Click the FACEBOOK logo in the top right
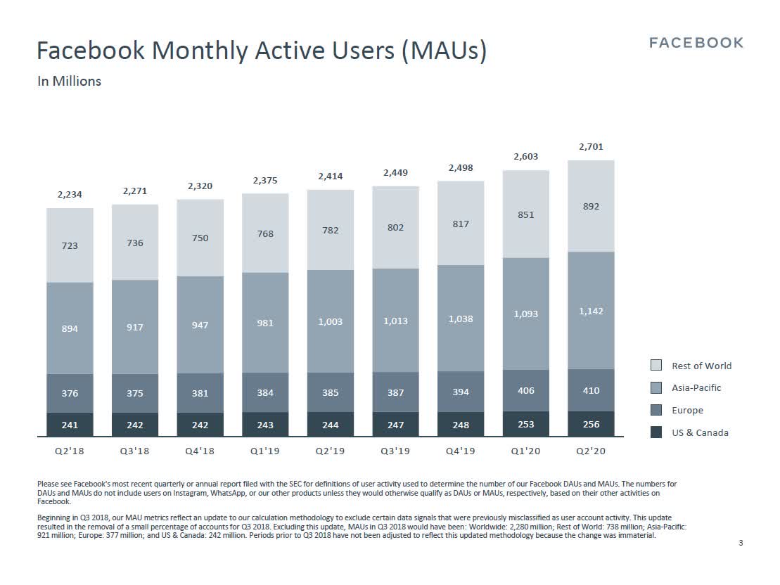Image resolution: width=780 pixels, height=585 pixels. point(696,43)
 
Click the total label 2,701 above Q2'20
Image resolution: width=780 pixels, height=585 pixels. point(591,147)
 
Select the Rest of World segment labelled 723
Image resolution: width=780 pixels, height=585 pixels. point(70,245)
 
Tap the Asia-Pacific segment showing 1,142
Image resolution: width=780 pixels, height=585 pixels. point(591,311)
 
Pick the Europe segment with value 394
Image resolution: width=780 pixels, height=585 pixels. point(461,392)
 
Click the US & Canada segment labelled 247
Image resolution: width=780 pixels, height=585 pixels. point(395,425)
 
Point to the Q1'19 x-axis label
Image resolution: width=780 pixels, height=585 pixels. point(265,451)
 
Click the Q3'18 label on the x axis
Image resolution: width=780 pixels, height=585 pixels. point(134,451)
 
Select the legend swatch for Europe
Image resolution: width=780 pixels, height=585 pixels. point(656,410)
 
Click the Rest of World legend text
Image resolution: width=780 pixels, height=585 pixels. point(701,366)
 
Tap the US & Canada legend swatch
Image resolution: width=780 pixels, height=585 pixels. point(656,432)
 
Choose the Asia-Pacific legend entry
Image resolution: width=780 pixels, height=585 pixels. point(696,387)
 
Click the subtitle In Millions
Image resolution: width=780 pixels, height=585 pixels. point(69,81)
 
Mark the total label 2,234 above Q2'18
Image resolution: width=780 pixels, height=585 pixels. point(70,195)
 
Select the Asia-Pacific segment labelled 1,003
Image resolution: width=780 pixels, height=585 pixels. point(330,321)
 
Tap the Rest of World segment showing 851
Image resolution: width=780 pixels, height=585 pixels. point(525,214)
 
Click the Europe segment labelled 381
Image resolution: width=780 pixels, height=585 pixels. point(200,393)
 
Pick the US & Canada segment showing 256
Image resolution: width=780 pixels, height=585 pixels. point(591,424)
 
